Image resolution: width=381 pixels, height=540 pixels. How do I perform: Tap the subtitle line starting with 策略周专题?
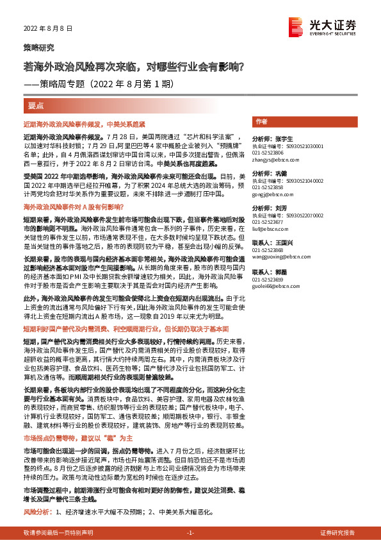(x=98, y=83)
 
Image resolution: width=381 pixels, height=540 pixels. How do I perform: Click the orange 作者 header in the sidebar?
(x=261, y=121)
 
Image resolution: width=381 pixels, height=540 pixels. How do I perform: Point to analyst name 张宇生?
(x=284, y=139)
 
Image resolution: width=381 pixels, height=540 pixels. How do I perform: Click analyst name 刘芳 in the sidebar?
(x=281, y=207)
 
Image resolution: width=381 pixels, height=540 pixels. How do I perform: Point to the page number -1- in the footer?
(x=190, y=533)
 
